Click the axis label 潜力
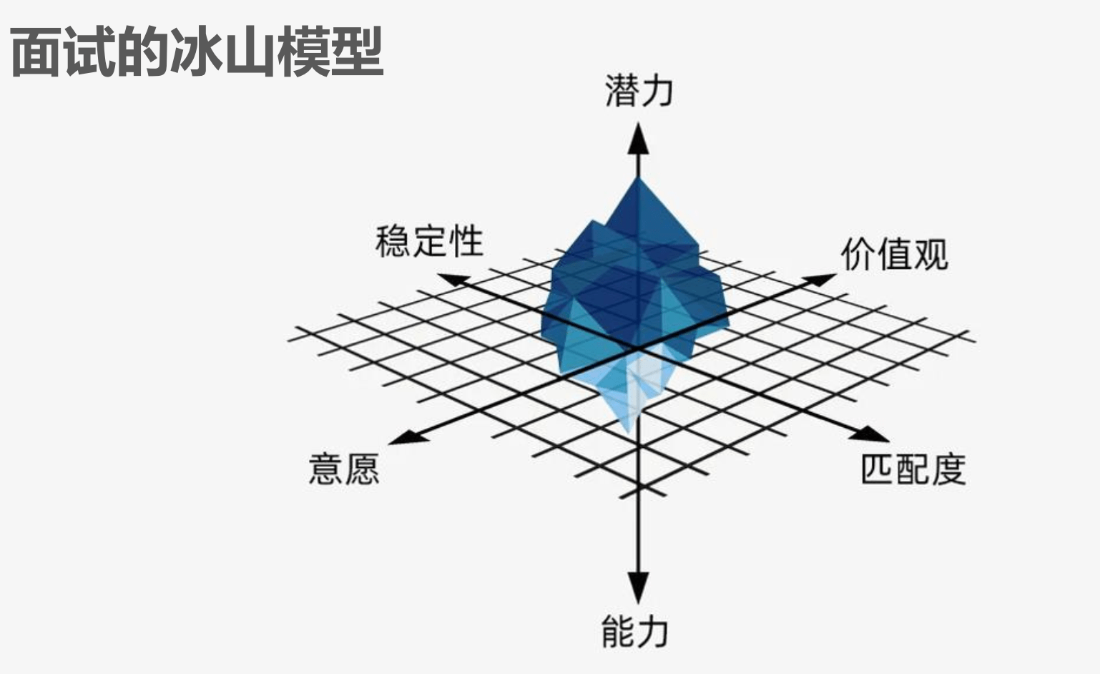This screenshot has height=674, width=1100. [x=639, y=91]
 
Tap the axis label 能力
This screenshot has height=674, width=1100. [x=635, y=632]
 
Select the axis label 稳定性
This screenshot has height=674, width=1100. [x=429, y=241]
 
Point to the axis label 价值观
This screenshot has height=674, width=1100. [x=894, y=254]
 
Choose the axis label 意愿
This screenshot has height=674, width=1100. [x=344, y=469]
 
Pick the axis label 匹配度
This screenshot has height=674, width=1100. [x=913, y=469]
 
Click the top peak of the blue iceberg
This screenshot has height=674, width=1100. [x=638, y=178]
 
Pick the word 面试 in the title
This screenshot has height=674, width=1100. [x=63, y=52]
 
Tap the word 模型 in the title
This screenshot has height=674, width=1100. [x=330, y=52]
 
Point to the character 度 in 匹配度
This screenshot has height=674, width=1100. [x=949, y=469]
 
